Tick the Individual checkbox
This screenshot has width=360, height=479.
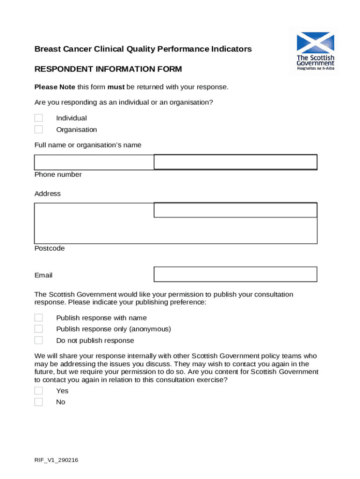(x=38, y=118)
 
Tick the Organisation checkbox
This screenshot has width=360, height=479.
(x=38, y=129)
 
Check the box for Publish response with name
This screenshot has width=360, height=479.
(x=38, y=318)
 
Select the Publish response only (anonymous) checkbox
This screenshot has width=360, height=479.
(x=38, y=329)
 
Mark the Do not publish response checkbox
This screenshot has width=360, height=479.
(x=38, y=340)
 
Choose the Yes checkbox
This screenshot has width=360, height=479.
(x=38, y=391)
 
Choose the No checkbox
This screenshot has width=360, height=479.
(x=38, y=402)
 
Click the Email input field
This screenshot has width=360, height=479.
(x=235, y=274)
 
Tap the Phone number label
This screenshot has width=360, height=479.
(x=58, y=174)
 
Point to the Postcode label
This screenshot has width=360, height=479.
(x=50, y=248)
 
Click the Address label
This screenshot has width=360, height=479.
(x=48, y=194)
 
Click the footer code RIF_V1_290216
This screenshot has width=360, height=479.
(x=56, y=460)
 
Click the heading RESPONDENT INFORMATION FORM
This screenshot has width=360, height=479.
(x=108, y=69)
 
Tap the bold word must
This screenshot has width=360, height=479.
(x=116, y=87)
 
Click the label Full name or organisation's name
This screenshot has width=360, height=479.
(x=88, y=145)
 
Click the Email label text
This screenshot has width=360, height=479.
(x=43, y=276)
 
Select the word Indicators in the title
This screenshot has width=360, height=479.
(x=232, y=49)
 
